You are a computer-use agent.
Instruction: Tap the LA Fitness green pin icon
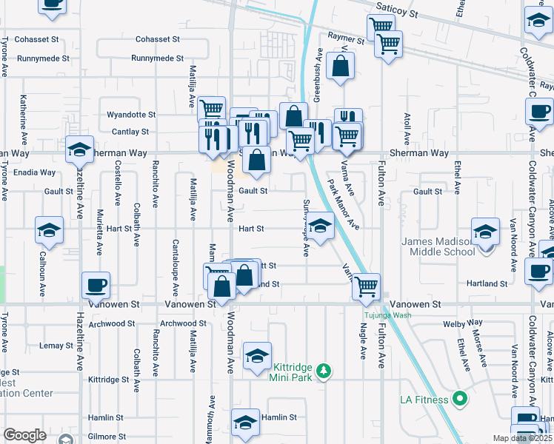pyautogui.click(x=459, y=400)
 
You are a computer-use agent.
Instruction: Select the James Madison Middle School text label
pyautogui.click(x=437, y=246)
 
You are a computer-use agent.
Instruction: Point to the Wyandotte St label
pyautogui.click(x=131, y=115)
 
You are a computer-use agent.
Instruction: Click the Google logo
pyautogui.click(x=24, y=434)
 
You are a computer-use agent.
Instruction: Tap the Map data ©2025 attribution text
pyautogui.click(x=522, y=438)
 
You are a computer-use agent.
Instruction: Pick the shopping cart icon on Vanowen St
pyautogui.click(x=366, y=286)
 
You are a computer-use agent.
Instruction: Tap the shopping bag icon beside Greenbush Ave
pyautogui.click(x=340, y=65)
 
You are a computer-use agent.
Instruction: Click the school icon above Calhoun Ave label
pyautogui.click(x=49, y=230)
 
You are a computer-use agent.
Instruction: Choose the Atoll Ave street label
pyautogui.click(x=407, y=129)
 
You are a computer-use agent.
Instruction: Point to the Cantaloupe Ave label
pyautogui.click(x=176, y=263)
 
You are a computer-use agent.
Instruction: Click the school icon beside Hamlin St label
pyautogui.click(x=245, y=422)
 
